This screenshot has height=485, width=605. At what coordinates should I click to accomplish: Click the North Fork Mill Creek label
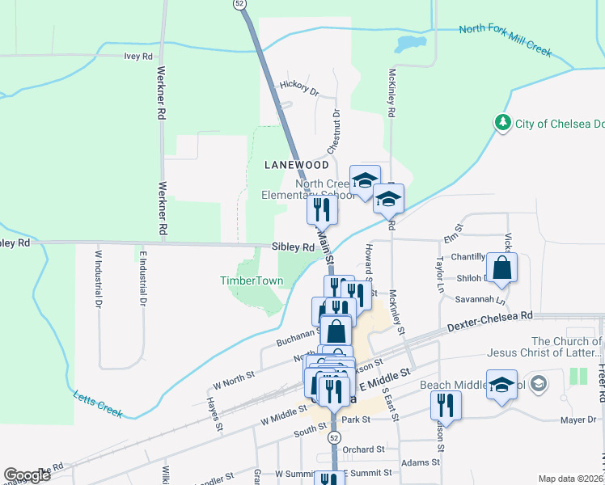pos(505,40)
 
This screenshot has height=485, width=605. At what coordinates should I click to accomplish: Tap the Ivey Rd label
pos(138,57)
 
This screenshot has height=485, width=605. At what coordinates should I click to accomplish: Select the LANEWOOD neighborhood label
pos(298,165)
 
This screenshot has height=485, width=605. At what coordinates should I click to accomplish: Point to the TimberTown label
pos(252,281)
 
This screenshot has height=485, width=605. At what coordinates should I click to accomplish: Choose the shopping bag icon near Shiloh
pos(501,269)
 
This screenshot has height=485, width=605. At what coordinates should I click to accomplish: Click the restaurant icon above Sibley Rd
pos(322,210)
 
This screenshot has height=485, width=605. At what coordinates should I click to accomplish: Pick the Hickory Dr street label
pos(299,86)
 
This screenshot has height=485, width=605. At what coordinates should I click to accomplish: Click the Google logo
pos(27,475)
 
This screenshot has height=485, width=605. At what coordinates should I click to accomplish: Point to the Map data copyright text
pos(570,479)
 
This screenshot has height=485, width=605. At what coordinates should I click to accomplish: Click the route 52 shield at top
pos(239,4)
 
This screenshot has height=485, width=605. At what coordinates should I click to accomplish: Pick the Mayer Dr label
pos(577,420)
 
